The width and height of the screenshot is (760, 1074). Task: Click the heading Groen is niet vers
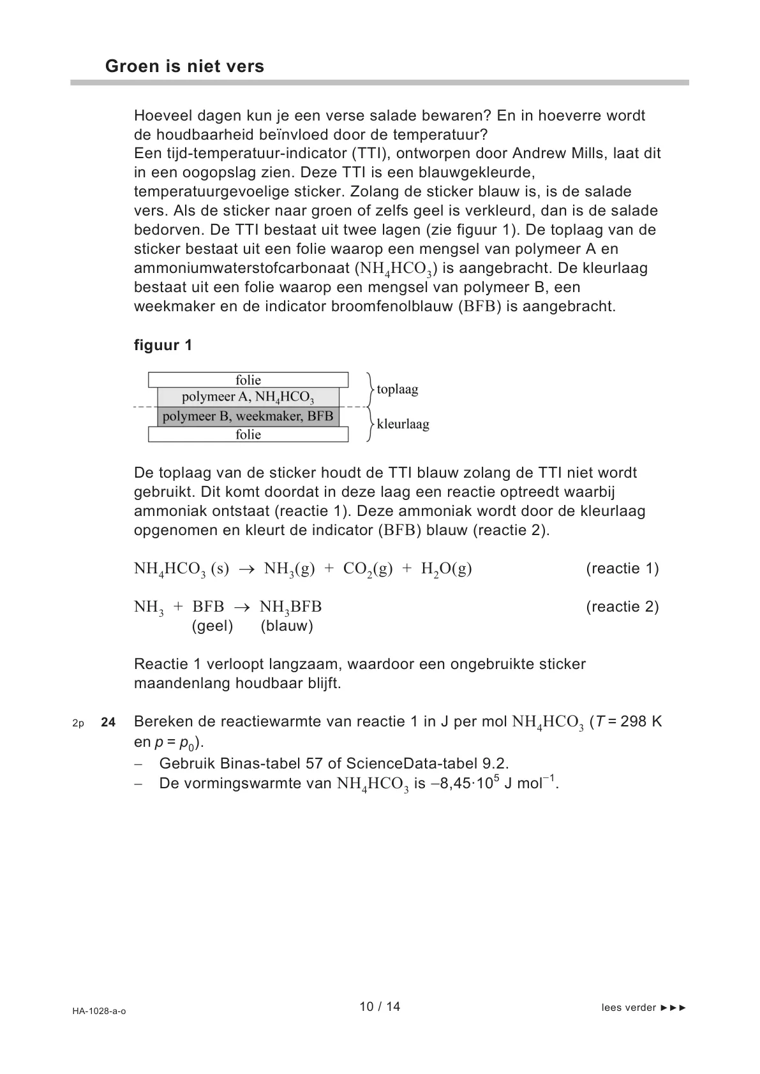184,66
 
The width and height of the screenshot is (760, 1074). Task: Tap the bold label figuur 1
163,345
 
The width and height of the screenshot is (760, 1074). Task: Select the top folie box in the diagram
248,380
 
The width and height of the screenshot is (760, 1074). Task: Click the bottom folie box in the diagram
248,434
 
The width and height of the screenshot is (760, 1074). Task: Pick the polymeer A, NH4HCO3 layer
248,397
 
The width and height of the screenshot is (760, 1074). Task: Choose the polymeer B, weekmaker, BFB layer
248,416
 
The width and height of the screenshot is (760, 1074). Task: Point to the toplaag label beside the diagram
397,389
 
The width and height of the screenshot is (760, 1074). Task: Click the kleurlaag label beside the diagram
403,423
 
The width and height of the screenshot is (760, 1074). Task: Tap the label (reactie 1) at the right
622,568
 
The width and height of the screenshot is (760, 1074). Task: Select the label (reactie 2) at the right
622,607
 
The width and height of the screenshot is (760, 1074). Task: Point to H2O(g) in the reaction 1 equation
446,569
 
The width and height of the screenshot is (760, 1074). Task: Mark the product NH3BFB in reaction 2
290,607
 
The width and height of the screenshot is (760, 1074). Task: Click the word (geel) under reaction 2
212,626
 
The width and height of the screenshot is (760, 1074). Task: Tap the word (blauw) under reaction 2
287,626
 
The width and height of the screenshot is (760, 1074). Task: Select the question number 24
108,722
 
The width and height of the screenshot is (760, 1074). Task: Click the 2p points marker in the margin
78,723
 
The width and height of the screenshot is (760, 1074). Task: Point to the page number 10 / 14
380,1006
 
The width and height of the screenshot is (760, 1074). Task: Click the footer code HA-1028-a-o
99,1011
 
